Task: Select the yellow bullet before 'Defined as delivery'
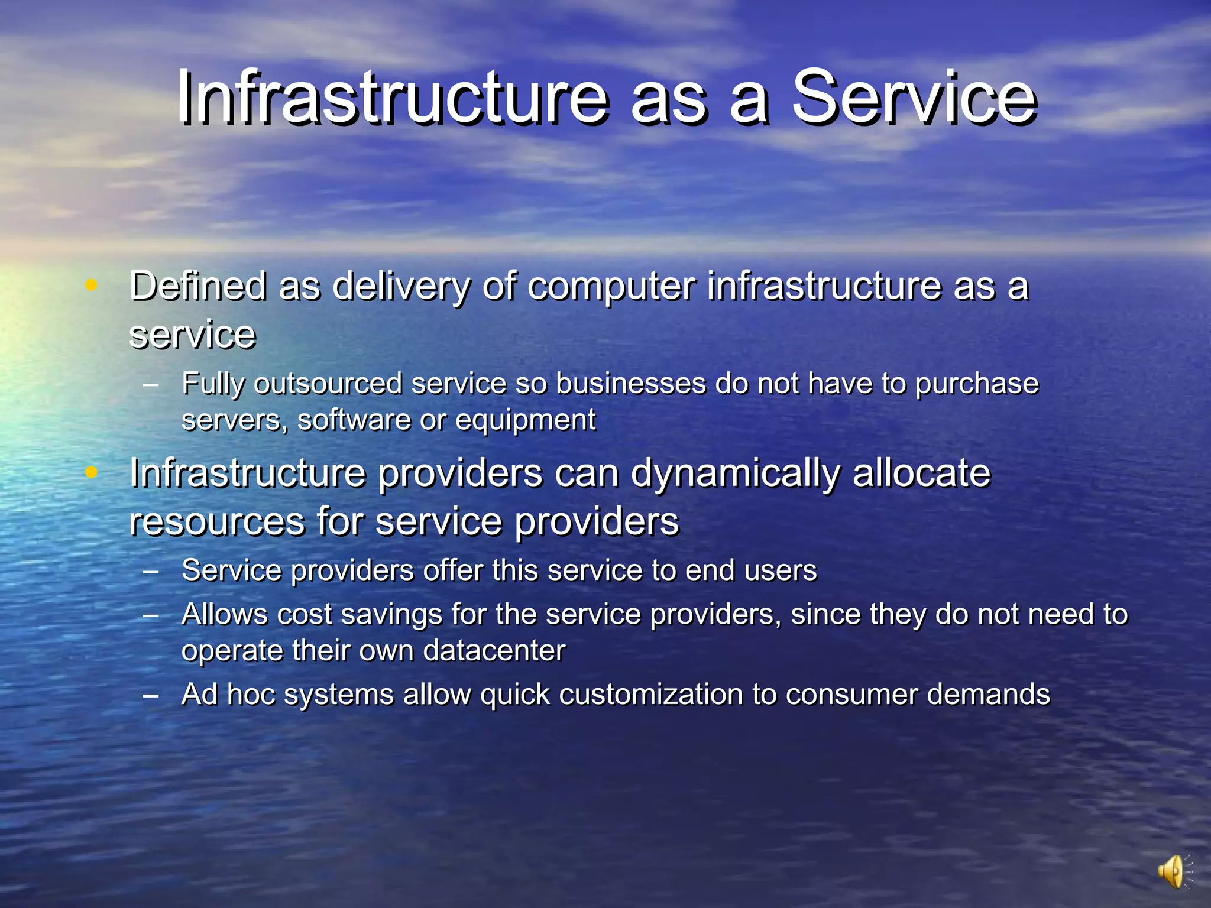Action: [91, 285]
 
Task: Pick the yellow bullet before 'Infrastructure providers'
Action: [91, 472]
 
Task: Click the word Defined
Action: [197, 286]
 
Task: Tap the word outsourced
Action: [328, 384]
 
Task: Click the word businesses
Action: [631, 384]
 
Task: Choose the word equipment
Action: [526, 421]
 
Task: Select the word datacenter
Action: [494, 651]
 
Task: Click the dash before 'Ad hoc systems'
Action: [151, 695]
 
